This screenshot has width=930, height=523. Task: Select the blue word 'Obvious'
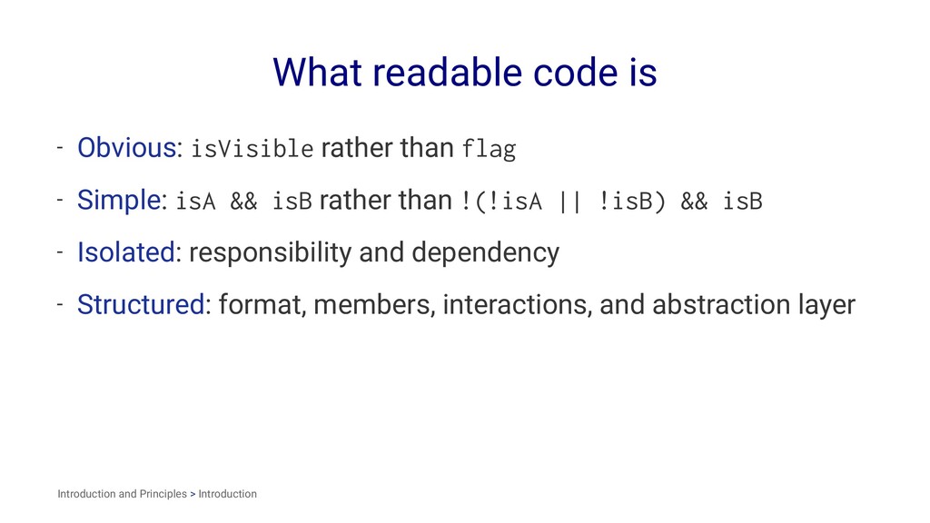(x=126, y=147)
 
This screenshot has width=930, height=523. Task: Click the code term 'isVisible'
(x=252, y=148)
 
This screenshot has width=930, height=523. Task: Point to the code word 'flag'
(x=489, y=148)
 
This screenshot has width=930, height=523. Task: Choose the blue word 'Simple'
(x=118, y=200)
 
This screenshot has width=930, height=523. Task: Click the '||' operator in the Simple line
(x=570, y=201)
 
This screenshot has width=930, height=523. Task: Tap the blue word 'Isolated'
(x=125, y=252)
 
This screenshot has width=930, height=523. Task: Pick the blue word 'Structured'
(x=141, y=304)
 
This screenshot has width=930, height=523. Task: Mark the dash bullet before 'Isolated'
(x=58, y=252)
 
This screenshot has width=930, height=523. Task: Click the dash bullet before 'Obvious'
(x=58, y=147)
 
